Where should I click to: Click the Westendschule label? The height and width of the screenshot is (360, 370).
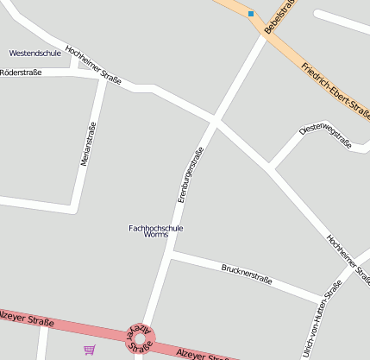coord(34,53)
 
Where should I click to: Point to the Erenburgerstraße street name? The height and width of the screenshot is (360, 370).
coord(190,175)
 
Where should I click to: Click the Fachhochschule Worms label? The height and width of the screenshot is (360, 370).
coord(155,231)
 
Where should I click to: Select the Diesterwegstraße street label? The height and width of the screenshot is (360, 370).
coord(325,135)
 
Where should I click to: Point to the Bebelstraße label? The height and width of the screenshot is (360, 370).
coord(279,17)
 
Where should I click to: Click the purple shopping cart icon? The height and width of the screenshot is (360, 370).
coord(89,349)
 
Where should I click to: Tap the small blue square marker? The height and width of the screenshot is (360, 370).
coord(251,13)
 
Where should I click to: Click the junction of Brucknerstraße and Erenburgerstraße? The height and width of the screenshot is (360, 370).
coord(172,254)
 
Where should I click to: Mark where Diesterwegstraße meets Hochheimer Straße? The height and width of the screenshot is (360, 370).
coord(270,167)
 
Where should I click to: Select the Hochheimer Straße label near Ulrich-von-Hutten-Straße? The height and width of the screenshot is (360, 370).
coord(348,256)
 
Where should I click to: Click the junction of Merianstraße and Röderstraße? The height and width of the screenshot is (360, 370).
coord(102,76)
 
